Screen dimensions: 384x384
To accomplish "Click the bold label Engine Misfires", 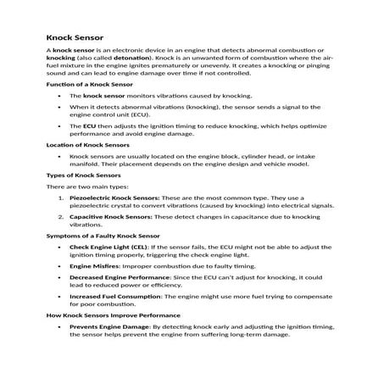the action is (x=94, y=266).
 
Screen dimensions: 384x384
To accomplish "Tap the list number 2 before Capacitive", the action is (x=58, y=216).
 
